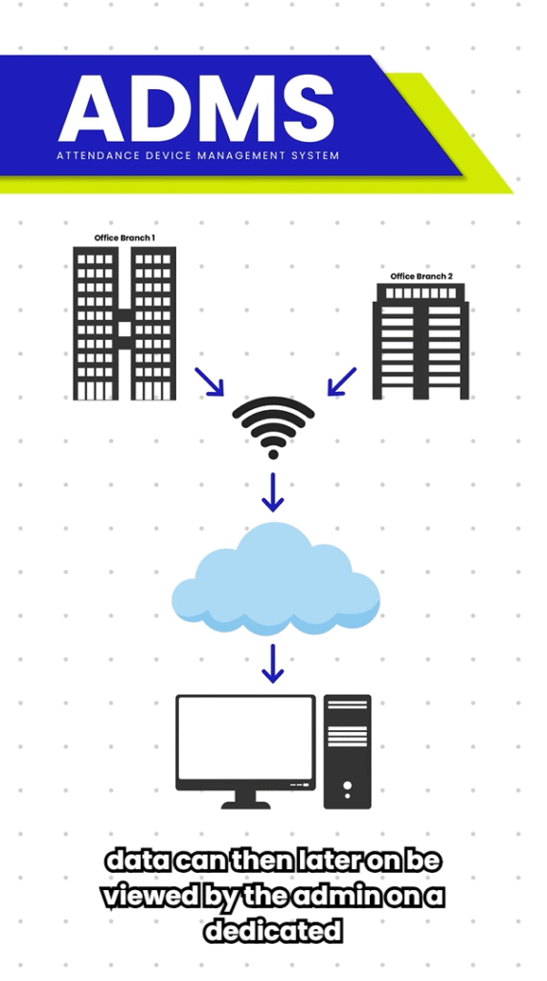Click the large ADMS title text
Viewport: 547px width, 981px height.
coord(195,108)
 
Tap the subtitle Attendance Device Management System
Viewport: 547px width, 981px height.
coord(197,156)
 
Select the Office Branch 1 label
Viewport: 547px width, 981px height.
coord(125,238)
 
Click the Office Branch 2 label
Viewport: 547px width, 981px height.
coord(422,276)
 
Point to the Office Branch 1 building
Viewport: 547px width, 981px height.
coord(125,323)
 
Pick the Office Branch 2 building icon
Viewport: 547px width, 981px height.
coord(421,341)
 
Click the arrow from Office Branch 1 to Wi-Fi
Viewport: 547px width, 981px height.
coord(209,381)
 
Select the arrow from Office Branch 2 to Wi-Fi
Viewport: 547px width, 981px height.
coord(342,381)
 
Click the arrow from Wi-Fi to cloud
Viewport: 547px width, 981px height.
coord(273,491)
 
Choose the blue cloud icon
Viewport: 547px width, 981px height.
coord(276,580)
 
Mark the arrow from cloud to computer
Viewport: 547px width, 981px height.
coord(273,663)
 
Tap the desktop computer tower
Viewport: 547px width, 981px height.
coord(348,751)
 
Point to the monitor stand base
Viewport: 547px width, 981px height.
coord(246,805)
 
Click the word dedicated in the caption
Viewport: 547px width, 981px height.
coord(274,931)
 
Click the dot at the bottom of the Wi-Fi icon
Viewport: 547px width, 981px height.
coord(273,454)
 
